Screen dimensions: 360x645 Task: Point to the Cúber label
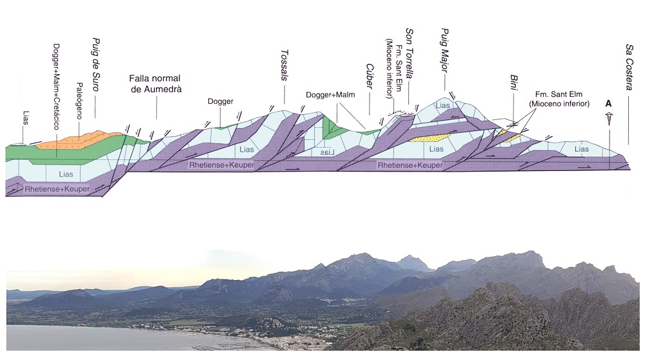370,79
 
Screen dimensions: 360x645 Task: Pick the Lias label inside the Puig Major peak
442,106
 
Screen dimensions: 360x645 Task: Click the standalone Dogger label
220,101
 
